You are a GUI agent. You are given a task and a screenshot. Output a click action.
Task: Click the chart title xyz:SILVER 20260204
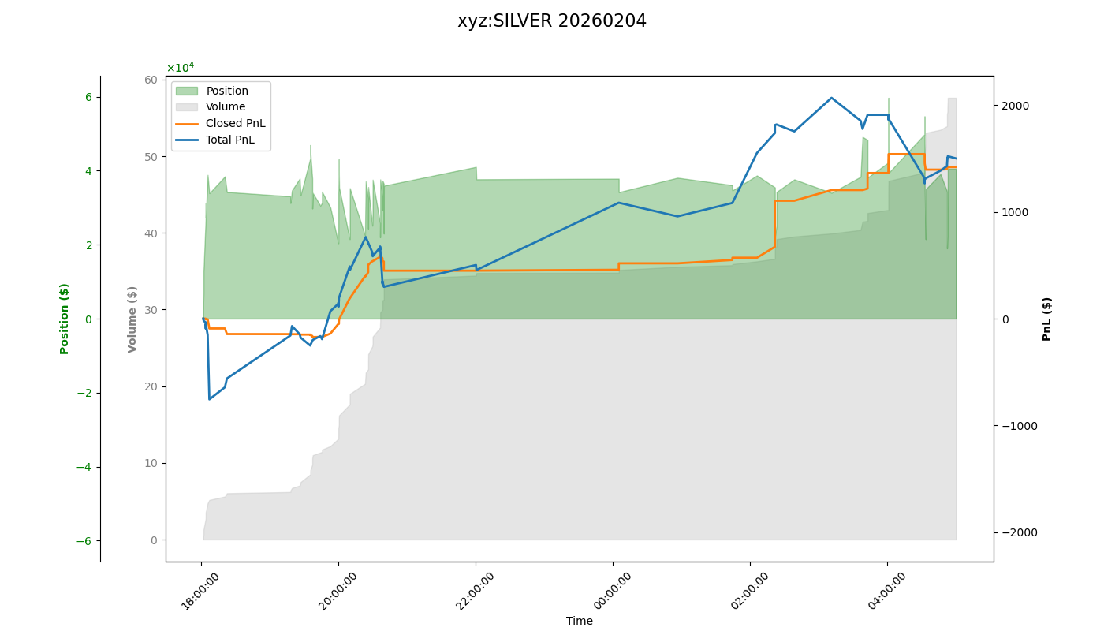pos(552,21)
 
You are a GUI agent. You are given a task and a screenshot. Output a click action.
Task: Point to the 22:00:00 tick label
pos(476,591)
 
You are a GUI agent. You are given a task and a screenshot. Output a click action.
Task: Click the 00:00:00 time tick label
pos(613,591)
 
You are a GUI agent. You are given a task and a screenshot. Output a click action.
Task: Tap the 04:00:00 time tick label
pos(887,591)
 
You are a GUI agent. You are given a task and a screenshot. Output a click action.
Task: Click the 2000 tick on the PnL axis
pos(1015,106)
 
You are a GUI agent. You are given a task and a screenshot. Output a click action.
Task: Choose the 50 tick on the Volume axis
pos(150,156)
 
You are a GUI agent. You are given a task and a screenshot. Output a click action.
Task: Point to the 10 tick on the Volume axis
pos(150,463)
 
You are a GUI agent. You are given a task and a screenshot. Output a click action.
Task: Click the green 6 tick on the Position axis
pos(88,97)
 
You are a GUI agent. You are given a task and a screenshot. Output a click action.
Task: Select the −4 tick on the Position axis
pos(84,467)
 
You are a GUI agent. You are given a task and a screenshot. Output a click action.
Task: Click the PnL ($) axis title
pos(1047,319)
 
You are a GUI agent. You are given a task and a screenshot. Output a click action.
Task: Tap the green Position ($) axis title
pos(65,319)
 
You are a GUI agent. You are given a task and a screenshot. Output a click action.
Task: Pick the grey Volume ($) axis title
pos(132,319)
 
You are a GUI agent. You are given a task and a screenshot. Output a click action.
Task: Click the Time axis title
pos(579,621)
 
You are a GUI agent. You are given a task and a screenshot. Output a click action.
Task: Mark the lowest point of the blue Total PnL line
pos(210,399)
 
